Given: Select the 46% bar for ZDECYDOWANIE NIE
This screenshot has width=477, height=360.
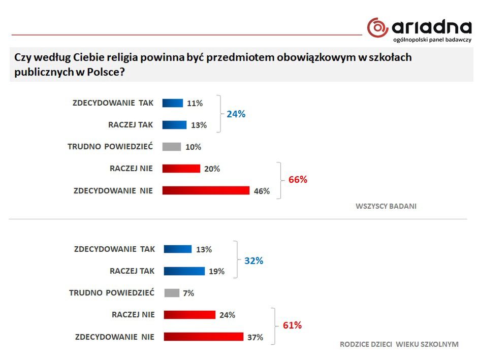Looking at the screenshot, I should (206, 190).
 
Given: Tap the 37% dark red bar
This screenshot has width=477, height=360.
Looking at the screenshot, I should (203, 337).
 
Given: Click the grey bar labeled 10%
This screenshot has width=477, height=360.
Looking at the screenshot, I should (172, 147).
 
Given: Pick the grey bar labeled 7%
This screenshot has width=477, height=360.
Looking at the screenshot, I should (172, 293).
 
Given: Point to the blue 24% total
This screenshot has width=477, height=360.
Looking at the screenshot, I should (236, 114).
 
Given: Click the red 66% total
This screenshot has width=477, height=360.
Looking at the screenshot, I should (298, 180).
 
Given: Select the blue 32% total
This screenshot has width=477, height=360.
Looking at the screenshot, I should (253, 261).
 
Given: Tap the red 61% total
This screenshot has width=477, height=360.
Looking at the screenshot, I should (292, 325).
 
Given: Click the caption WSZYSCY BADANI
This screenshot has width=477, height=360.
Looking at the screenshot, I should (386, 206).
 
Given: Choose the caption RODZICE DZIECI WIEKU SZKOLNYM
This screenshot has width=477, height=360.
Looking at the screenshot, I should (399, 344).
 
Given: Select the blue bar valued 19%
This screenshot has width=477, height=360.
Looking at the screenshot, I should (184, 271).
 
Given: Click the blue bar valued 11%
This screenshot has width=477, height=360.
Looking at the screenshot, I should (172, 103).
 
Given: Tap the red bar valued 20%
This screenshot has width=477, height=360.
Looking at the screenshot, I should (181, 169).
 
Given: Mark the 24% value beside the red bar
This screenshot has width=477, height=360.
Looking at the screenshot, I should (227, 315).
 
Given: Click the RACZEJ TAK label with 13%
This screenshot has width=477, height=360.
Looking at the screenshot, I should (131, 125).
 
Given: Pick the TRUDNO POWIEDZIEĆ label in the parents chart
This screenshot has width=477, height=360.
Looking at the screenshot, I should (111, 293).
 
